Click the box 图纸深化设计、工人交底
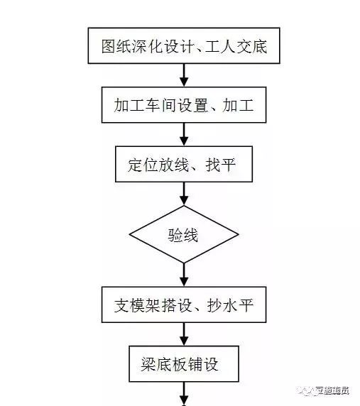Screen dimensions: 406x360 (184, 48)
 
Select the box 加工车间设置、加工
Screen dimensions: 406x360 (184, 107)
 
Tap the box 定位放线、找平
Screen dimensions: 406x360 (184, 165)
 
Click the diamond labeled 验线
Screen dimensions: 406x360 (184, 234)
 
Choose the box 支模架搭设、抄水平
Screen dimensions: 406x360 (184, 306)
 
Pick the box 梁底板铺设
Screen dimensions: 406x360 (184, 365)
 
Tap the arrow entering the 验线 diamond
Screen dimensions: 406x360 (184, 193)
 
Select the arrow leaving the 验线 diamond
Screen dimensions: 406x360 (184, 273)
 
